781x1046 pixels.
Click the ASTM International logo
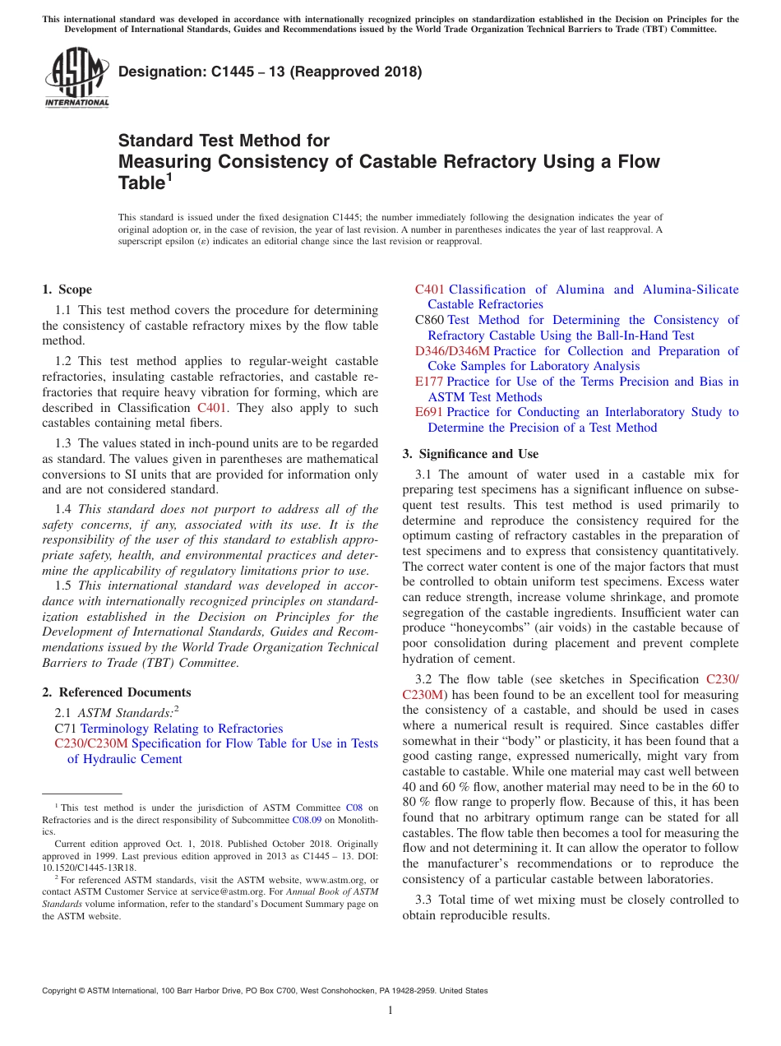[76, 77]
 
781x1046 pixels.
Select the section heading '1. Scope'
[67, 289]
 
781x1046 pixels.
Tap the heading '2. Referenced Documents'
[117, 692]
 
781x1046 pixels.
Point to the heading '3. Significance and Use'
[470, 454]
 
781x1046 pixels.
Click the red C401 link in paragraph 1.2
[212, 408]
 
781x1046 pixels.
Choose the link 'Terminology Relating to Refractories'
[182, 729]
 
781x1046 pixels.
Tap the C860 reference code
[429, 320]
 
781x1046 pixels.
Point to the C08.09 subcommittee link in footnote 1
[306, 820]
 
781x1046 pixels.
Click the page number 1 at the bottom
[390, 1010]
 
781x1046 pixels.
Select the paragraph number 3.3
[423, 900]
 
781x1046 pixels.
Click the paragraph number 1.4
[63, 509]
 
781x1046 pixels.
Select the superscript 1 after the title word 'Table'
[170, 176]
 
